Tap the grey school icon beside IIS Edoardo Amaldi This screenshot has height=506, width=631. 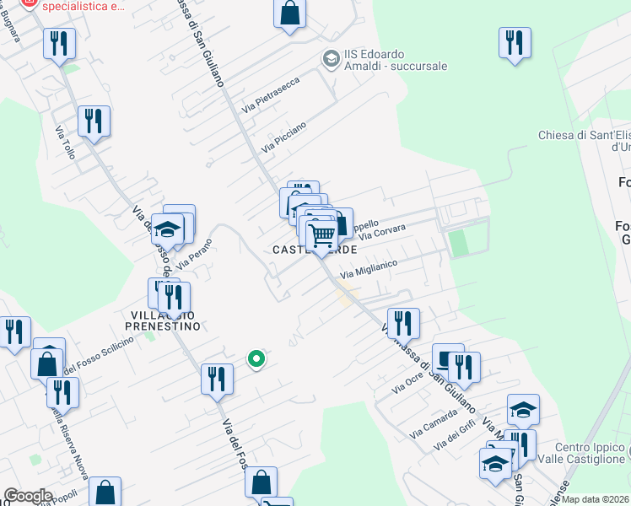point(331,58)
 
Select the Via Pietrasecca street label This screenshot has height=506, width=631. point(270,97)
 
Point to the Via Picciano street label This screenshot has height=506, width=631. point(283,137)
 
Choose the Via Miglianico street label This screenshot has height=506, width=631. point(369,270)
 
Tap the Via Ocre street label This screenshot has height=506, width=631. point(408,385)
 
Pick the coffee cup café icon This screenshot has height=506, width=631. point(448,357)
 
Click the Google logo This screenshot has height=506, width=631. point(27,496)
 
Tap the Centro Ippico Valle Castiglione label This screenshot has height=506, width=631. point(591,452)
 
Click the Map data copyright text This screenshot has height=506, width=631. point(596,499)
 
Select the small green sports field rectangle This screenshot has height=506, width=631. point(458,243)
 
